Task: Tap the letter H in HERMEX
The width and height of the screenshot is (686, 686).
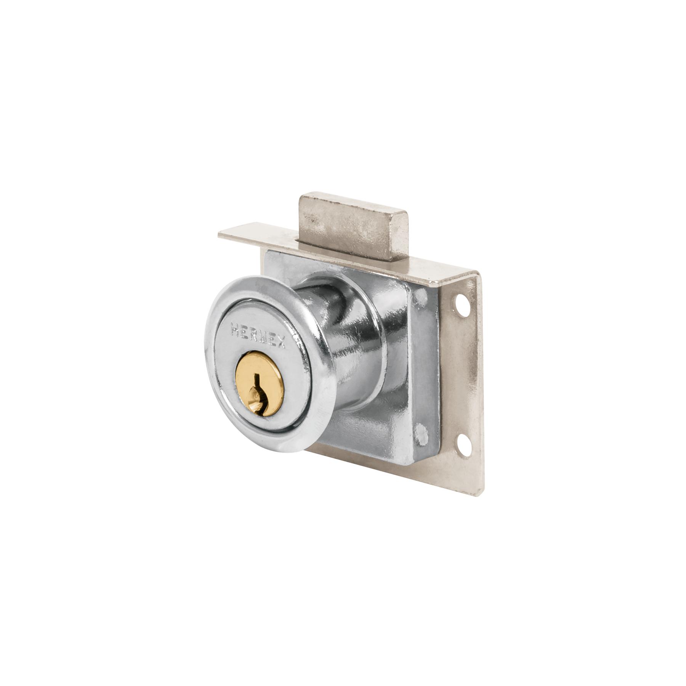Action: point(235,328)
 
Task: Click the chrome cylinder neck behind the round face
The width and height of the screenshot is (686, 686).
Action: point(343,343)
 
